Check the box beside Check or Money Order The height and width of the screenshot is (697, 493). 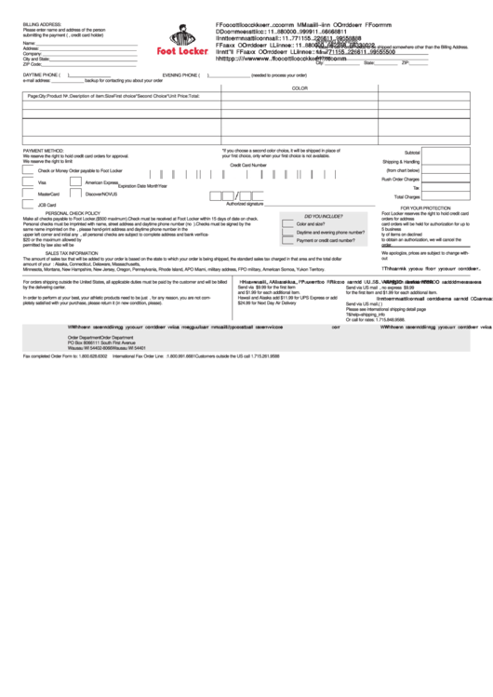30,171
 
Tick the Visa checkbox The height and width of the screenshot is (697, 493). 30,182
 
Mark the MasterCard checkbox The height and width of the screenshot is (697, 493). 30,194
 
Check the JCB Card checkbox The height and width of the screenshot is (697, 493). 30,204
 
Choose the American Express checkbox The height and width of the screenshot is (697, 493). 77,182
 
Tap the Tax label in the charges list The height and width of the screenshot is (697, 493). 416,188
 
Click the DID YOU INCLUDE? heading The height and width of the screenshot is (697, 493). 312,214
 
